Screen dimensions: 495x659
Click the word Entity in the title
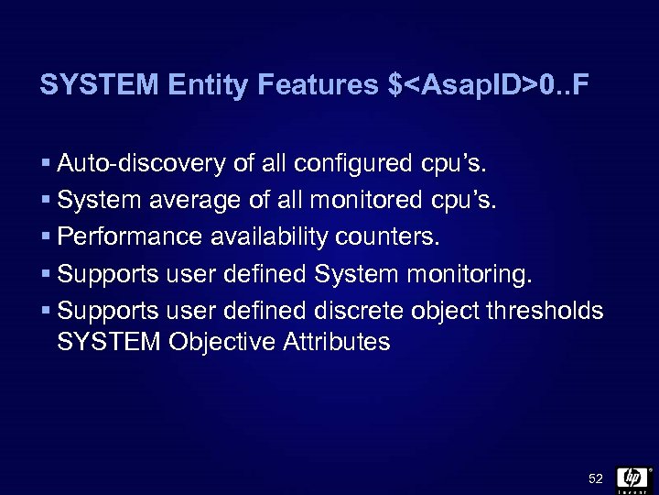[x=210, y=86]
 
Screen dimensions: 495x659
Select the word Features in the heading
[x=318, y=86]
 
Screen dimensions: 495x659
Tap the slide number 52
[x=596, y=478]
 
